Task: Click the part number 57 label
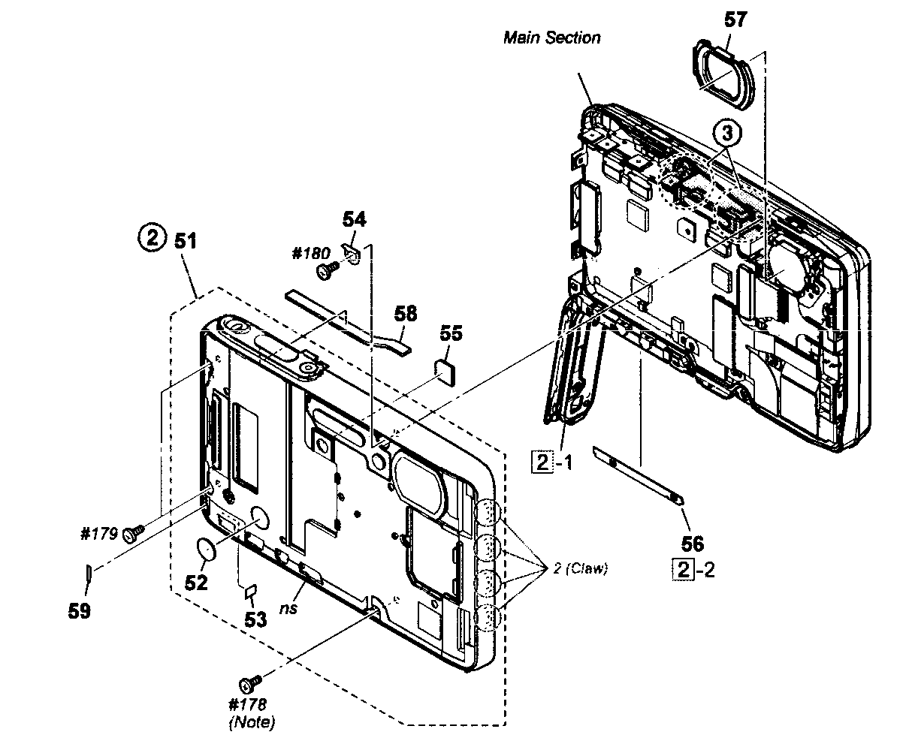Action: point(735,20)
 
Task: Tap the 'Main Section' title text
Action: point(551,38)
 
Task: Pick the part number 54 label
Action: point(354,219)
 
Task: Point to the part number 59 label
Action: point(79,611)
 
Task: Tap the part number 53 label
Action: point(256,619)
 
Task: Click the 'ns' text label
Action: point(288,607)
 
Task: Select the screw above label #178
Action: point(249,683)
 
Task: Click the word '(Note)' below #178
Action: point(251,723)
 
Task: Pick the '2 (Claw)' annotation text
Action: point(580,568)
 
